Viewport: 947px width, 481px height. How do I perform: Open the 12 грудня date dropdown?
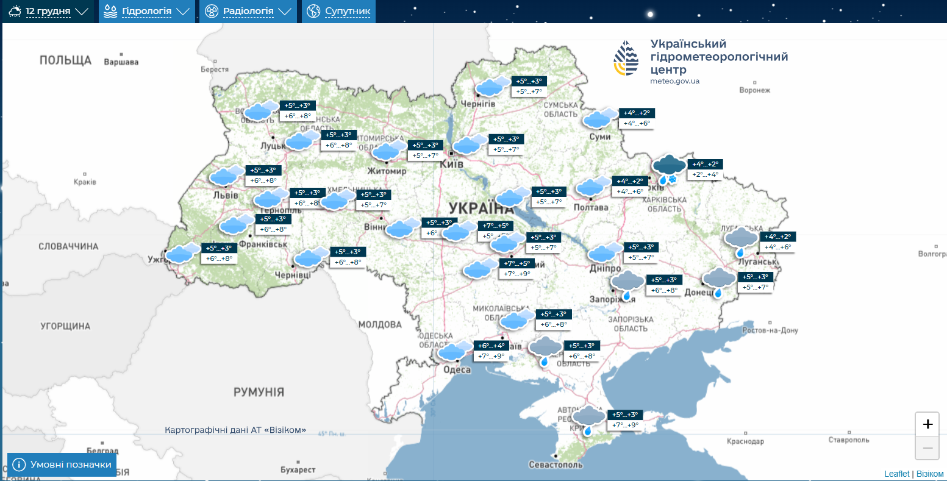[x=49, y=12]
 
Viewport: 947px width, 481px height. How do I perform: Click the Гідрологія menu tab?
[x=147, y=12]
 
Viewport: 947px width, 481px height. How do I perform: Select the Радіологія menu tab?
[x=248, y=12]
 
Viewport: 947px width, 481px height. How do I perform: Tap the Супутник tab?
[x=338, y=12]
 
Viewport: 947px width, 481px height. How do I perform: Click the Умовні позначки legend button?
[x=62, y=465]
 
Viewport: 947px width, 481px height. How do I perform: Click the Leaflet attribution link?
[x=896, y=474]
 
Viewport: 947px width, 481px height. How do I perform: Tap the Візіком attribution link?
[x=930, y=474]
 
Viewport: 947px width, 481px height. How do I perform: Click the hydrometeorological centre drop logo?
[x=626, y=59]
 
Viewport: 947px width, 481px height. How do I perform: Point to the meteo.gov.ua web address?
[x=674, y=81]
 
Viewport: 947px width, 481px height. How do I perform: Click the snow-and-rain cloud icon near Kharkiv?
[x=669, y=169]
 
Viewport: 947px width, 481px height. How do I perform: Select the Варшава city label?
[x=121, y=62]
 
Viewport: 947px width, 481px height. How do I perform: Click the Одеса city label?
[x=457, y=370]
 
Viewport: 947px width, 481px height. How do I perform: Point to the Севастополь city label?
[x=556, y=465]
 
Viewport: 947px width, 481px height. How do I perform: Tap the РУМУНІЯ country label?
[x=259, y=392]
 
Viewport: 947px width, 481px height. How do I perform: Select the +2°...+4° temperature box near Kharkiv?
[x=705, y=175]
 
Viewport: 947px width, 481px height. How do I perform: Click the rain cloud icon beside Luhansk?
[x=741, y=241]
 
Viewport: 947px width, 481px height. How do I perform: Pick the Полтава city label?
[x=590, y=207]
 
